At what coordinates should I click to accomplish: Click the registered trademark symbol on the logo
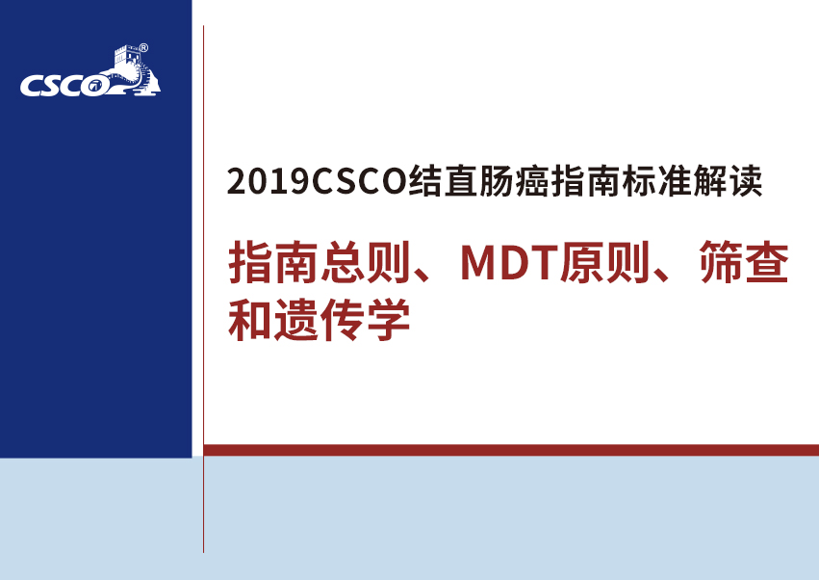143,48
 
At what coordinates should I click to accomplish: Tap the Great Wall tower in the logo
126,56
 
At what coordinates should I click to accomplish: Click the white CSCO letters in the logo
64,86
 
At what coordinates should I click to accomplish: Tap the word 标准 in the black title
657,181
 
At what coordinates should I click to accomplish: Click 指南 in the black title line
586,181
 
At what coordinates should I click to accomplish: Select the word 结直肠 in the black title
461,181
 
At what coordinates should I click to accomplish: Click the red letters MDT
510,263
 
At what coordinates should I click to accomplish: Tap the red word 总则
365,262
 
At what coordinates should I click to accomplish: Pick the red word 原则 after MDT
604,262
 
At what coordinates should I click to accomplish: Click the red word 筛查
744,262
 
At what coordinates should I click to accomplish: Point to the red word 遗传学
342,320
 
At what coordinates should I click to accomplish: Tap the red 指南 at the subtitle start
273,262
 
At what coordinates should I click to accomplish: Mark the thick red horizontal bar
511,450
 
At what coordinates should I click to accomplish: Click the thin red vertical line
203,289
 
